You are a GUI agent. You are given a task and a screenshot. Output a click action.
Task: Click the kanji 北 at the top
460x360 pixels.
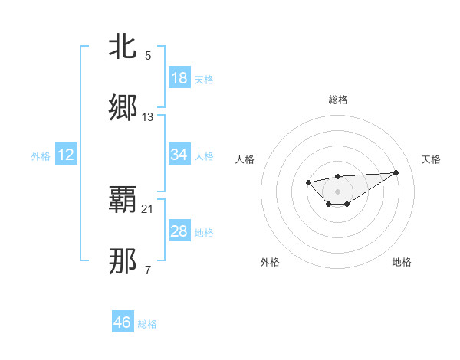coord(123,47)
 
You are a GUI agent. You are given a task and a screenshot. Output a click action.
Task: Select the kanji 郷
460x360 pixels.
coord(123,108)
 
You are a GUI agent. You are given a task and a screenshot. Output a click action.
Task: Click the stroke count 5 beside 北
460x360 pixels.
coord(148,55)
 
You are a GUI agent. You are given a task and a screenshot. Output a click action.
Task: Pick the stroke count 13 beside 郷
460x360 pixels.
coord(148,116)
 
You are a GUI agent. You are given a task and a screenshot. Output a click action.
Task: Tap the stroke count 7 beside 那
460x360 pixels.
coord(148,270)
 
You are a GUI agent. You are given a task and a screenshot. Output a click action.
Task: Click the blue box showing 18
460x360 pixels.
coord(179,78)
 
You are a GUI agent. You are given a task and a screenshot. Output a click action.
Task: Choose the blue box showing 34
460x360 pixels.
coord(179,155)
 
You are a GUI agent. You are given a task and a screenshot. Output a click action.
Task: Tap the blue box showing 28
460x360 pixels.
coord(179,231)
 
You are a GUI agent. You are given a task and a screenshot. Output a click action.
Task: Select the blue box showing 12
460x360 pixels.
coord(66,155)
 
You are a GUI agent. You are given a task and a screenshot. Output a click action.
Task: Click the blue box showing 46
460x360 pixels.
coord(123,322)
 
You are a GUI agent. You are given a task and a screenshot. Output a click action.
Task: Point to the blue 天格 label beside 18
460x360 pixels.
coord(204,80)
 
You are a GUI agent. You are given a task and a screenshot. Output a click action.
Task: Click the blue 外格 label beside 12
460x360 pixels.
coord(41,156)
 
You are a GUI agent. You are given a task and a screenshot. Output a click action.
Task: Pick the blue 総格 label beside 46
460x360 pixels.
coord(147,324)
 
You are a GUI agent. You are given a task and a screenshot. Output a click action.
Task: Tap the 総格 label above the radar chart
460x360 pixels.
coord(337,100)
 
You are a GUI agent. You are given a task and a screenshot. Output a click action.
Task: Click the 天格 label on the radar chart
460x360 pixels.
coord(431,159)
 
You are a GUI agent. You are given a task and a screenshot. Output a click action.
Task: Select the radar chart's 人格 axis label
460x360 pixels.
coord(245,159)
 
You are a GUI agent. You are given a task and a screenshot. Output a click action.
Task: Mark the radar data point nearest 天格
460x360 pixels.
coord(396,172)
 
